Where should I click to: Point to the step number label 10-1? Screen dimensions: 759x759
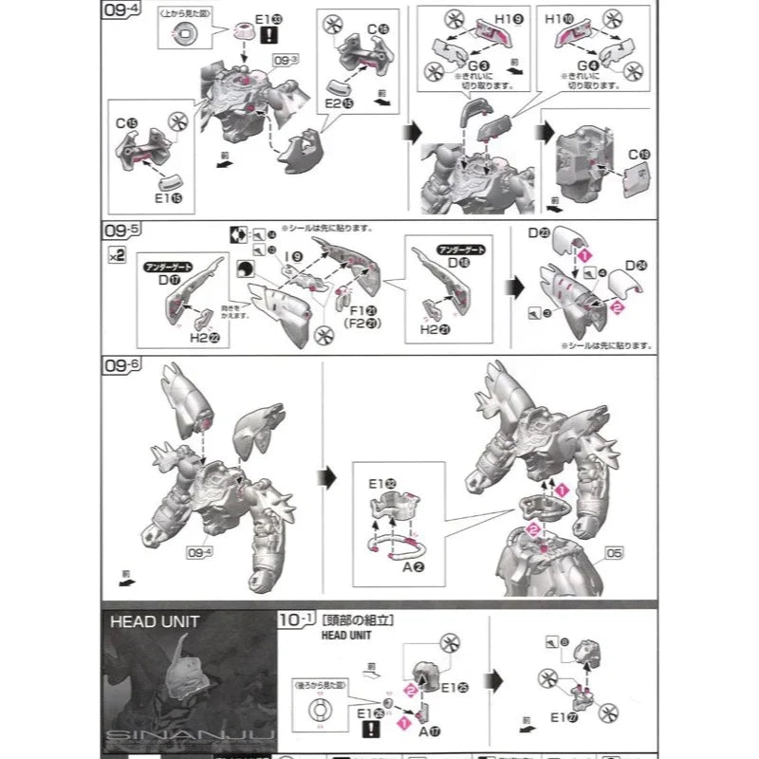point(296,619)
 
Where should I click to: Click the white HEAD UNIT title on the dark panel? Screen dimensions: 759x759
point(154,622)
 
